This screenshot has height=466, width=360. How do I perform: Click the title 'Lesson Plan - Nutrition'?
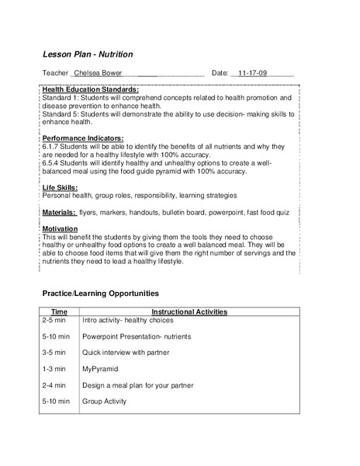[87, 54]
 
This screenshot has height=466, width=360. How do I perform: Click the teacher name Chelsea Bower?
[97, 73]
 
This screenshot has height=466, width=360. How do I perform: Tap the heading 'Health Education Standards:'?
[90, 90]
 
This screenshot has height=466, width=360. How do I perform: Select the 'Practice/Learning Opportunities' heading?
[100, 294]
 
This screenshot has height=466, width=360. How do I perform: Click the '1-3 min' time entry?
[55, 369]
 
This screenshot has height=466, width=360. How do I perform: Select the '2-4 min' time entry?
[55, 385]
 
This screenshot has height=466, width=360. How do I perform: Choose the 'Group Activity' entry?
[104, 402]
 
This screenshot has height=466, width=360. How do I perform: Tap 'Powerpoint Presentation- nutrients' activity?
[137, 336]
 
